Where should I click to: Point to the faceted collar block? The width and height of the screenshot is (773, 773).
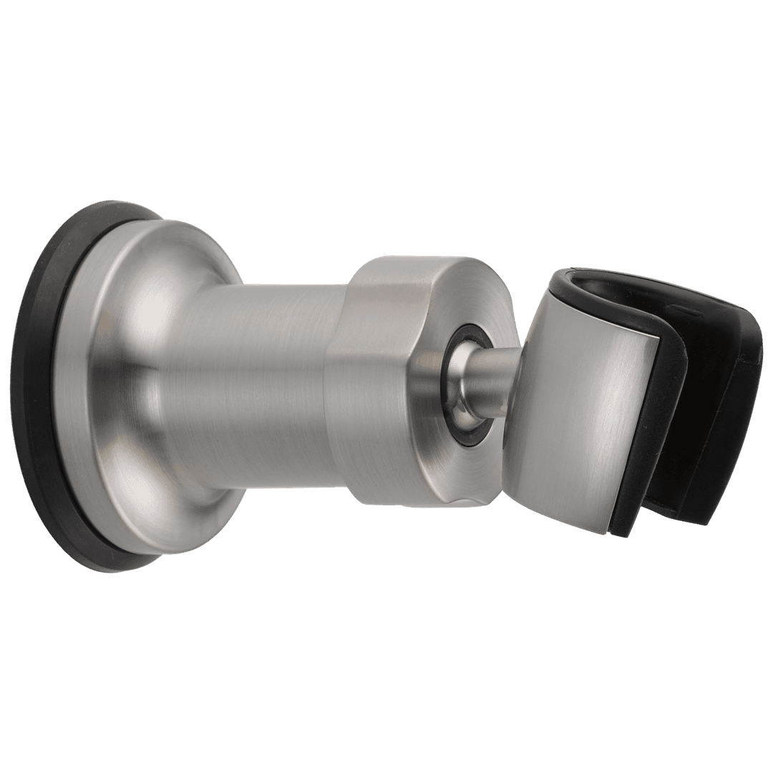(x=372, y=372)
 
